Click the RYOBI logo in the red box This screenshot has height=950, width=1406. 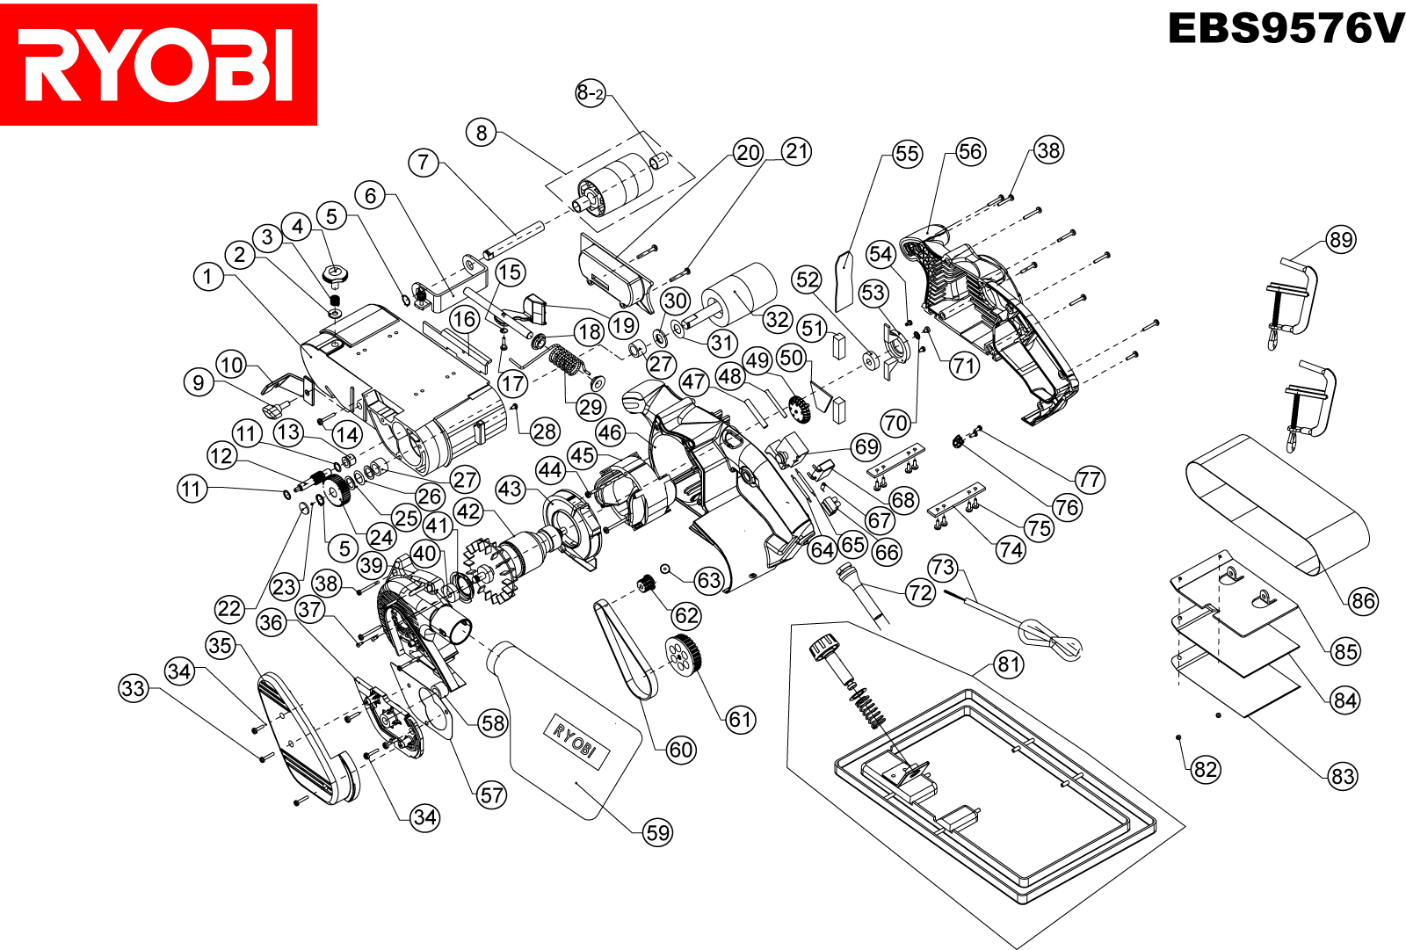pos(158,64)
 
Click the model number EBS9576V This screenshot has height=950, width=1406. pos(1286,29)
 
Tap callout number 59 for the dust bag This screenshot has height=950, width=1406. pos(657,832)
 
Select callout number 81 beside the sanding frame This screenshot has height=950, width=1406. pos(1009,664)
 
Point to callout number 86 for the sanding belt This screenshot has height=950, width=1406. pos(1363,601)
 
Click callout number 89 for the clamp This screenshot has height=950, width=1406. pos(1341,239)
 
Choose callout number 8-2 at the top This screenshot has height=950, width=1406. pos(591,93)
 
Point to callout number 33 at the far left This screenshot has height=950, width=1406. pos(134,688)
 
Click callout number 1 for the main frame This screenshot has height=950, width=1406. pos(207,277)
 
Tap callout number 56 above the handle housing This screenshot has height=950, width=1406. pos(970,151)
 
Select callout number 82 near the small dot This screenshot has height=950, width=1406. pos(1206,770)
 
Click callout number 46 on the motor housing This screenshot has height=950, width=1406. pos(610,432)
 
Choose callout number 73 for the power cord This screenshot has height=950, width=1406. pos(943,567)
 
